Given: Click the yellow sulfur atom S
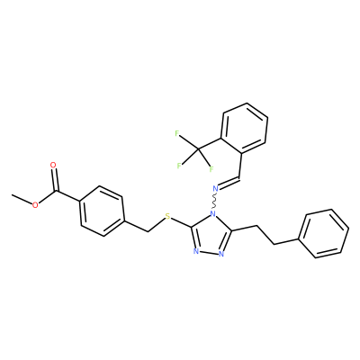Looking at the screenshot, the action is pyautogui.click(x=167, y=216).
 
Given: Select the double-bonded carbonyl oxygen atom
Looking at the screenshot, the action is pyautogui.click(x=53, y=165).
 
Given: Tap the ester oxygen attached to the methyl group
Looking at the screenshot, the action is pyautogui.click(x=35, y=205).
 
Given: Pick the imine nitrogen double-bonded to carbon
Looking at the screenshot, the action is pyautogui.click(x=215, y=189).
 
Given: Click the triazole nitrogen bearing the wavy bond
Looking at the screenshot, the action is pyautogui.click(x=212, y=214).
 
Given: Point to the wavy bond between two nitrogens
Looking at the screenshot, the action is pyautogui.click(x=214, y=202).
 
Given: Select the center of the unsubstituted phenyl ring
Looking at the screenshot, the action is pyautogui.click(x=325, y=234).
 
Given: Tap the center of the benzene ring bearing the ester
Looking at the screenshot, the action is pyautogui.click(x=102, y=211).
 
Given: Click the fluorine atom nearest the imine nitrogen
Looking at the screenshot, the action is pyautogui.click(x=211, y=169).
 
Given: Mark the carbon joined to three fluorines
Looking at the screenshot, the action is pyautogui.click(x=198, y=148).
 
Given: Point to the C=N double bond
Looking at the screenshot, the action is pyautogui.click(x=229, y=183).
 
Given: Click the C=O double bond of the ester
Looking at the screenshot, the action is pyautogui.click(x=54, y=179).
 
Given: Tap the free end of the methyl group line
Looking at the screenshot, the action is pyautogui.click(x=13, y=195).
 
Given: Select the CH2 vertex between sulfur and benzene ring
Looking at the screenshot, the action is pyautogui.click(x=148, y=231).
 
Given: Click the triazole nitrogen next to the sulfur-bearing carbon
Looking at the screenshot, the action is pyautogui.click(x=196, y=251).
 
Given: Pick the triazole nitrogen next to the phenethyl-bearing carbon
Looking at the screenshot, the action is pyautogui.click(x=221, y=254).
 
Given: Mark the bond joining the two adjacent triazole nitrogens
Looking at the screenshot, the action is pyautogui.click(x=209, y=252).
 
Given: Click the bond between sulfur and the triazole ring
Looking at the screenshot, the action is pyautogui.click(x=182, y=222).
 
